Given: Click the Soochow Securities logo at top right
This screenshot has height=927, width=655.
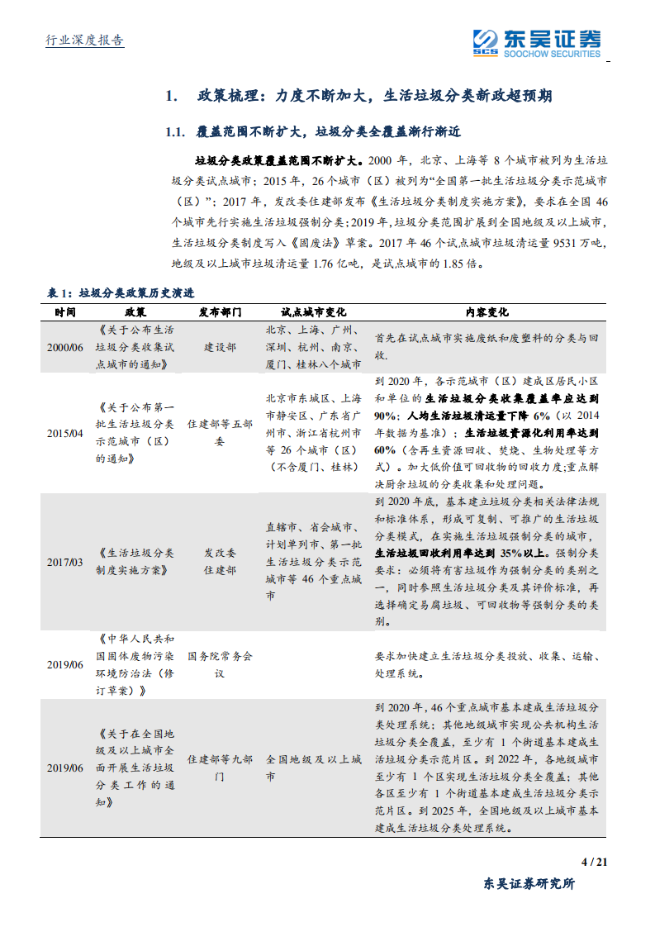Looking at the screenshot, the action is [536, 42].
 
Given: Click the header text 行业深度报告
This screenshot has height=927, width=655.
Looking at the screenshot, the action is [83, 40].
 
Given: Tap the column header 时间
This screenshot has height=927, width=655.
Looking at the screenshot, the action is [65, 312].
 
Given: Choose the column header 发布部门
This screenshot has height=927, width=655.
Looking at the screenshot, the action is [220, 312].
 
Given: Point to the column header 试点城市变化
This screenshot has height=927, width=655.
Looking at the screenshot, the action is [313, 312].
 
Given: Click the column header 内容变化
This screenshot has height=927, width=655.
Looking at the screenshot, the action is [487, 312].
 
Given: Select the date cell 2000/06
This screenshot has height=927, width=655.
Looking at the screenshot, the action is [65, 347].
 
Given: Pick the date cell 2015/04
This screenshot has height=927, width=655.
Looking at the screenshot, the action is [65, 433].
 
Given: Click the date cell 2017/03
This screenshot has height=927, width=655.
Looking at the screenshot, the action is [65, 562].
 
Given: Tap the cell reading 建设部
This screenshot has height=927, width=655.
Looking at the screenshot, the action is [220, 347].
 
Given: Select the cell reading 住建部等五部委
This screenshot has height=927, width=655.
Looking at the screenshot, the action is [220, 433].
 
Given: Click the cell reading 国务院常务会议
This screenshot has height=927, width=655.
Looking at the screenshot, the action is [220, 665].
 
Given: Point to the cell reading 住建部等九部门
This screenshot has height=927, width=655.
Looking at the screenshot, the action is [220, 768].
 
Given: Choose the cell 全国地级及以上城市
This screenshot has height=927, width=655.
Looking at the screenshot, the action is [313, 768].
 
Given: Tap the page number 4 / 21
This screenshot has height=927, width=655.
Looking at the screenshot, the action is [595, 863].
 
